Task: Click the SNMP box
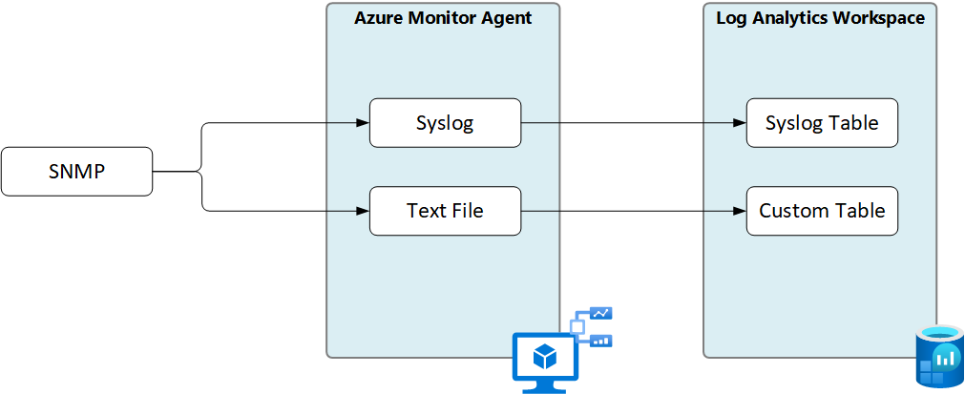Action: [76, 172]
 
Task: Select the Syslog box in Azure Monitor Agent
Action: [445, 123]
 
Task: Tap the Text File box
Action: [445, 211]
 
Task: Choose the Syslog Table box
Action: [822, 123]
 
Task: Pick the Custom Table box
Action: [822, 211]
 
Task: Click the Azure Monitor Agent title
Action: [443, 18]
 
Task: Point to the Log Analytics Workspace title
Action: [820, 18]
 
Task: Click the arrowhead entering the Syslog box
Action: [363, 123]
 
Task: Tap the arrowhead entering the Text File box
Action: [363, 211]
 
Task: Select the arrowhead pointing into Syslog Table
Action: [740, 123]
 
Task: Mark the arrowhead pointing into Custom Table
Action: [740, 211]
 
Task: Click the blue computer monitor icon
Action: [544, 361]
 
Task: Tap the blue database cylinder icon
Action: [940, 358]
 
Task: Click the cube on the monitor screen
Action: [544, 357]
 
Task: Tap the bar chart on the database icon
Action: [945, 360]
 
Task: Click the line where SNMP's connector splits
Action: [201, 172]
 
